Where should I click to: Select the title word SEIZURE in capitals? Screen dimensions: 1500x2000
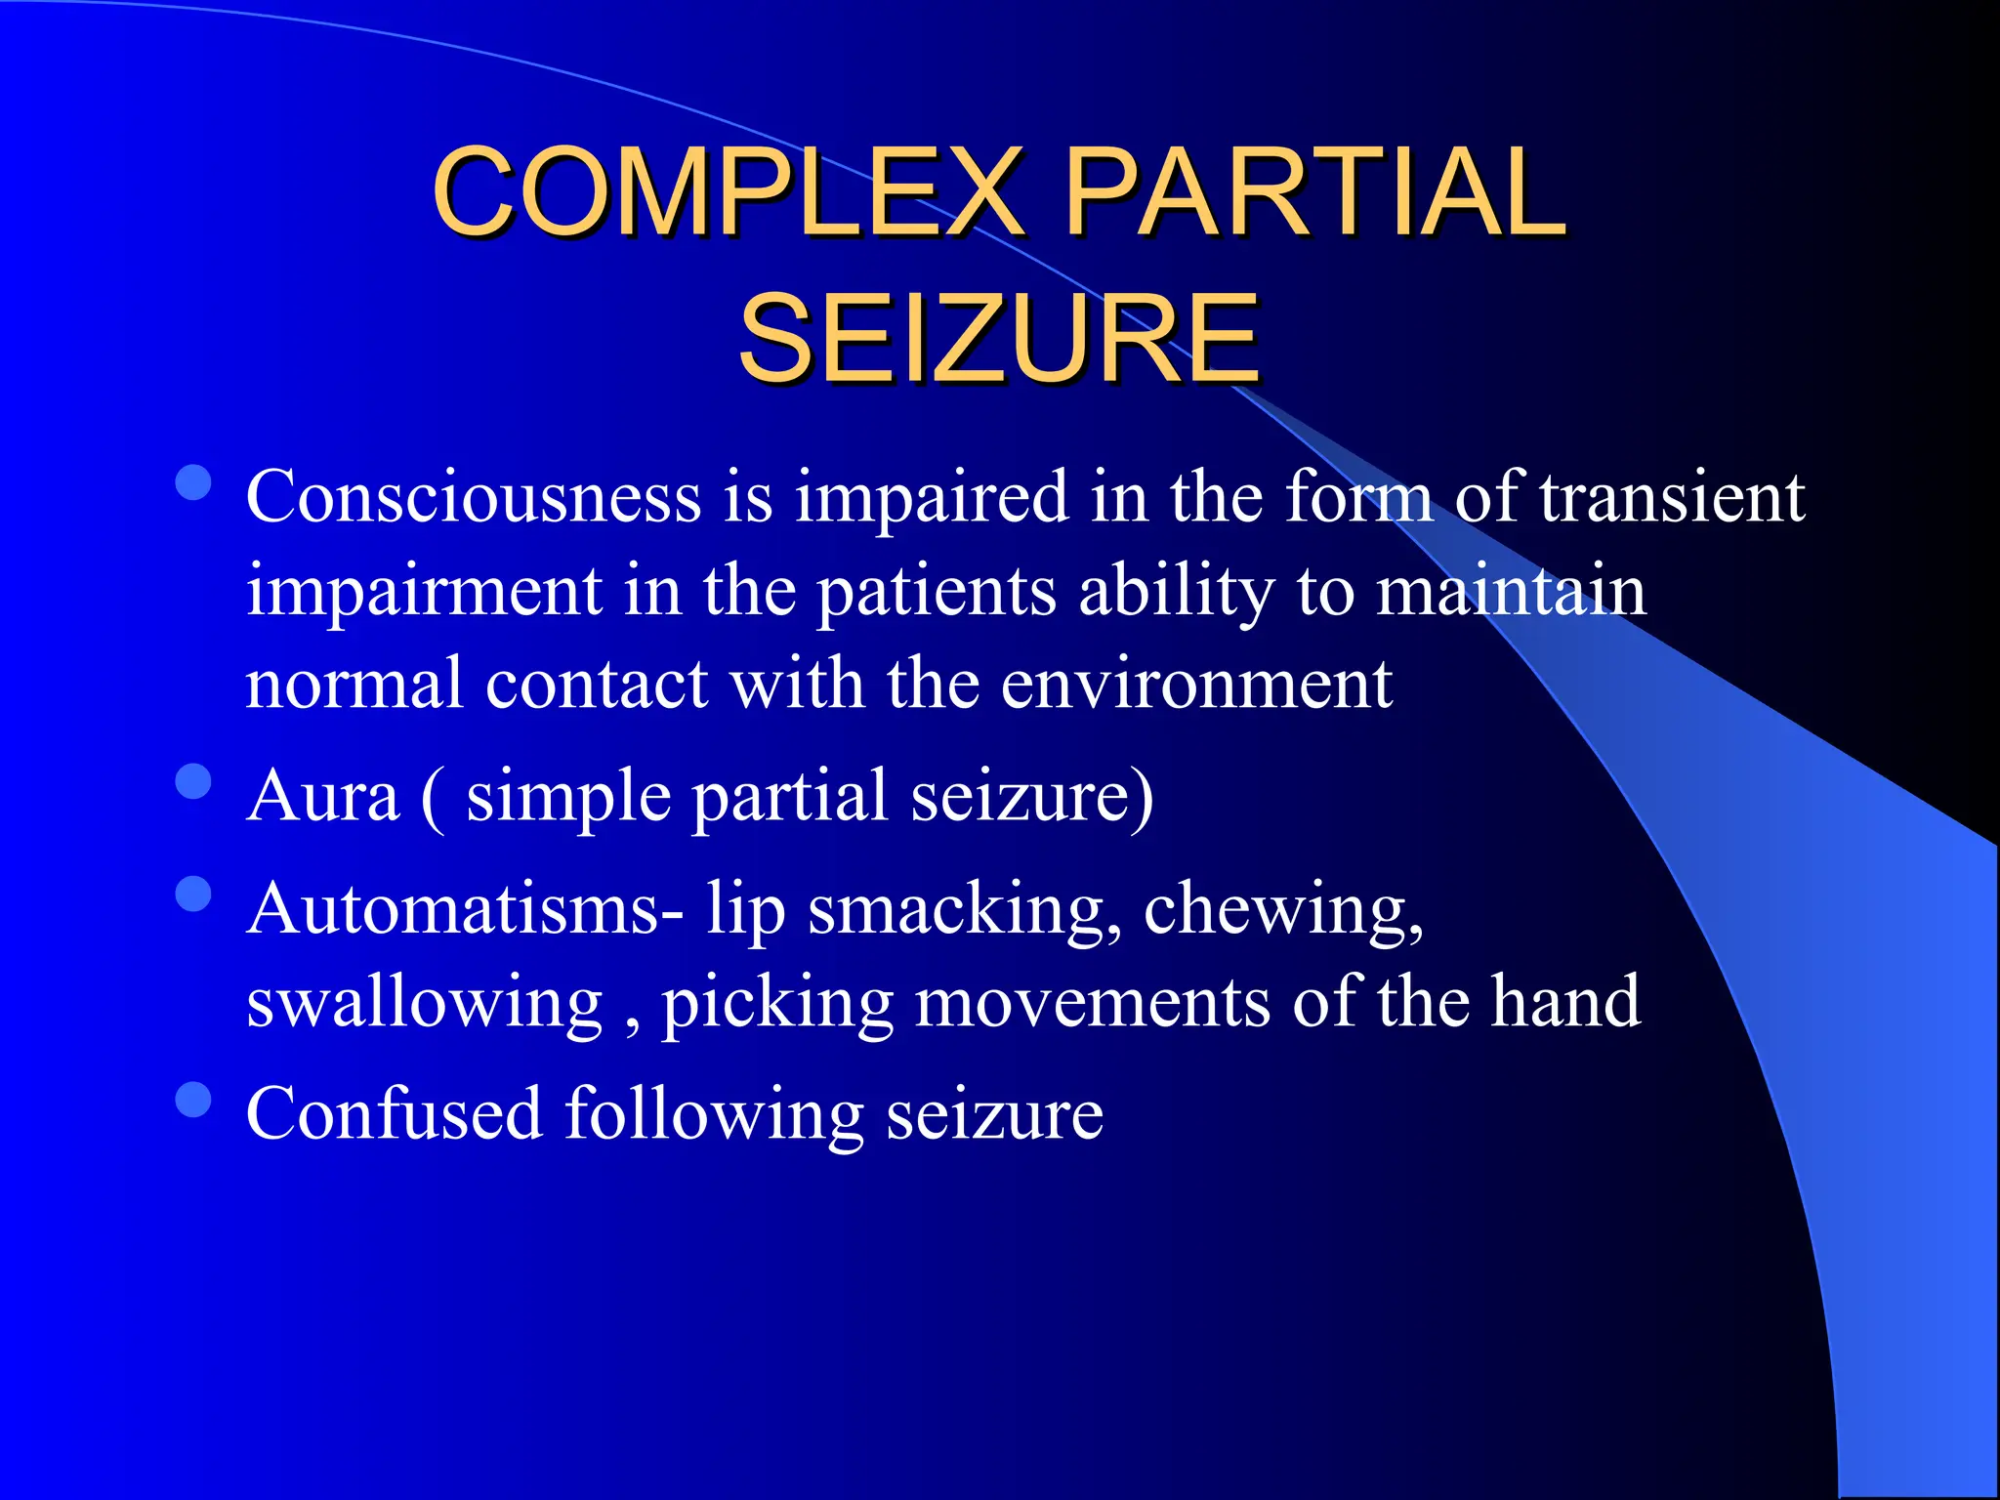(998, 339)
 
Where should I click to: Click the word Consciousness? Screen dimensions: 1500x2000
(473, 497)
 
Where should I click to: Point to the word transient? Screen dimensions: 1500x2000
(1672, 497)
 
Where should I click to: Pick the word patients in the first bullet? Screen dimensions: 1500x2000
(937, 592)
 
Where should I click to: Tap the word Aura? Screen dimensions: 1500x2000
(323, 796)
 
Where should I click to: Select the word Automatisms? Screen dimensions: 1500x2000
(465, 909)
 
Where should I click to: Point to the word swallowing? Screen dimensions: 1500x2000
(425, 1004)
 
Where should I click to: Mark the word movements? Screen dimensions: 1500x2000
(1092, 1002)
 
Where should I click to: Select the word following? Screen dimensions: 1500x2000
(714, 1114)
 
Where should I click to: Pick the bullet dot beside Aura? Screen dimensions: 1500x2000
(194, 781)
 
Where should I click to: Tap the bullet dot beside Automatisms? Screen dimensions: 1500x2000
(194, 894)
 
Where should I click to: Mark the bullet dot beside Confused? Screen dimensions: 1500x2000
(194, 1099)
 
